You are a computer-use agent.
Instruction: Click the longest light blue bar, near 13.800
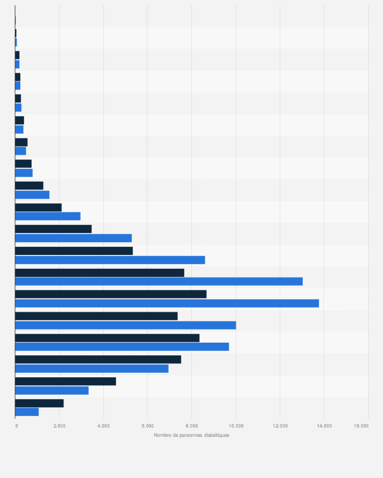pyautogui.click(x=167, y=303)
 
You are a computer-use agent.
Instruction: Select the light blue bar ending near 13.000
pyautogui.click(x=158, y=282)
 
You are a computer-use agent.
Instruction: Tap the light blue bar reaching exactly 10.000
pyautogui.click(x=125, y=325)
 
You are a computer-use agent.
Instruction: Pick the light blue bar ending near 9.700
pyautogui.click(x=122, y=347)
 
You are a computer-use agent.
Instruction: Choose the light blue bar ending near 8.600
pyautogui.click(x=110, y=260)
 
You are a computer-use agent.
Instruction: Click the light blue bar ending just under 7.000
pyautogui.click(x=91, y=369)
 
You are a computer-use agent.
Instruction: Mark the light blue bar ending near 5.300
pyautogui.click(x=73, y=238)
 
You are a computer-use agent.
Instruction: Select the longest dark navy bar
pyautogui.click(x=111, y=294)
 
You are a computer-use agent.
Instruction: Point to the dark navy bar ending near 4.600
pyautogui.click(x=66, y=381)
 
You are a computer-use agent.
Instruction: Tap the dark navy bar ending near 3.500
pyautogui.click(x=53, y=229)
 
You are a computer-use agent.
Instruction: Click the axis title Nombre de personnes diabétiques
pyautogui.click(x=191, y=435)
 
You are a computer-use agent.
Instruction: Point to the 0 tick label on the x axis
pyautogui.click(x=17, y=426)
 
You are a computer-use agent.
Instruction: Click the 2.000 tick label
pyautogui.click(x=59, y=426)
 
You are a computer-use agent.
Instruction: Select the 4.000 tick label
pyautogui.click(x=103, y=426)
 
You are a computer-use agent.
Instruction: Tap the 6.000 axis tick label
pyautogui.click(x=147, y=426)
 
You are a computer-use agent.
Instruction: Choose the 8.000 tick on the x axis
pyautogui.click(x=191, y=426)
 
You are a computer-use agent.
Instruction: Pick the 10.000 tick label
pyautogui.click(x=236, y=426)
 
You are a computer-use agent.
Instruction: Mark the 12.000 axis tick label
pyautogui.click(x=280, y=426)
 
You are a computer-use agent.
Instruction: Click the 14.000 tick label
pyautogui.click(x=324, y=426)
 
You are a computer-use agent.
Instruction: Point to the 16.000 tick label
pyautogui.click(x=361, y=426)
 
